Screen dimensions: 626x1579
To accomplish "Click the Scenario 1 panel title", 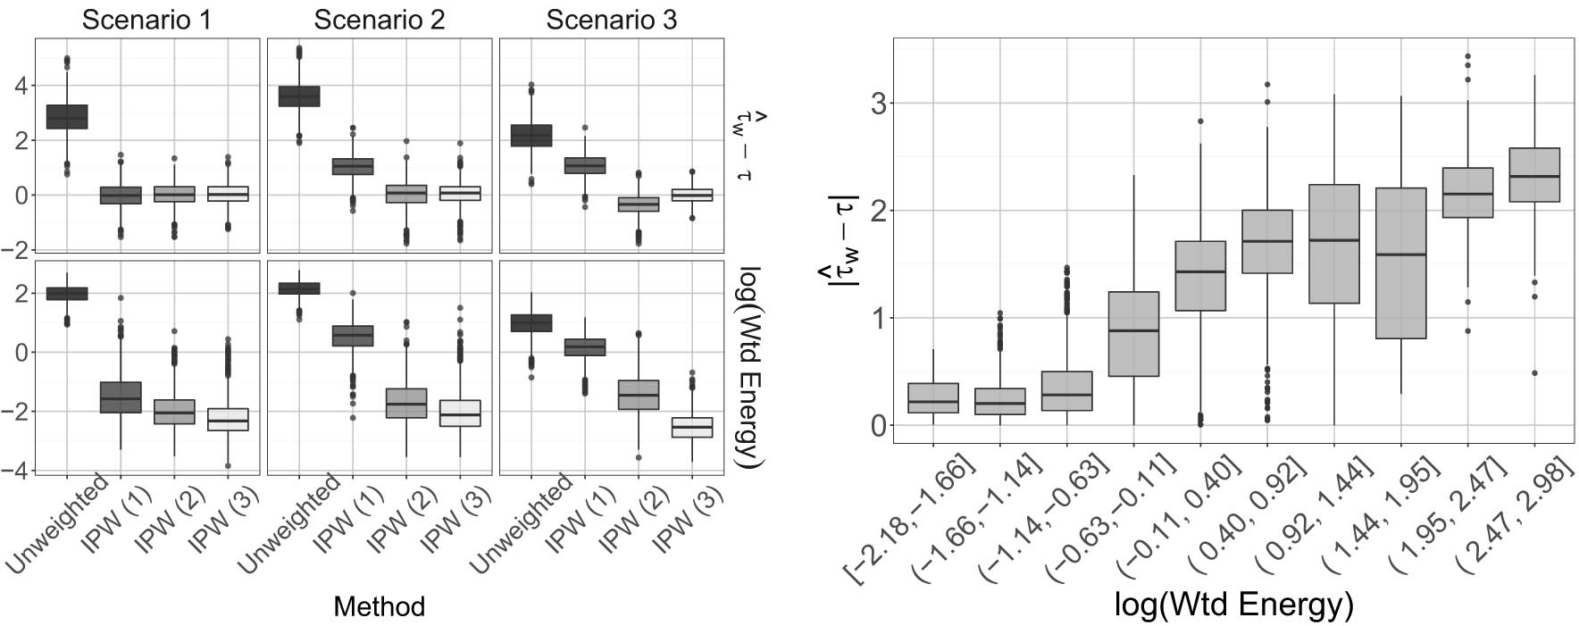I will (146, 20).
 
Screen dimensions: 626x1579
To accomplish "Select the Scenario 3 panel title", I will (611, 20).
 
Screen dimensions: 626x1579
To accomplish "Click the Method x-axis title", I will (379, 607).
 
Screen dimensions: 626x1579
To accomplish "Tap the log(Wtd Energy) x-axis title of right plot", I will (1234, 605).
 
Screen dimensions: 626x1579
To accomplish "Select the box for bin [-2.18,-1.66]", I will (932, 398).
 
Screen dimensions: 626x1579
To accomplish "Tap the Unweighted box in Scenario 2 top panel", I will (300, 96).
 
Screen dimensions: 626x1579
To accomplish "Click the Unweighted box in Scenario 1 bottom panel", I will (68, 293).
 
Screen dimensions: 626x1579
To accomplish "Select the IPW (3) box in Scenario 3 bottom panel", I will (693, 427).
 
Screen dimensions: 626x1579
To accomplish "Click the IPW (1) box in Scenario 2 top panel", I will (353, 167).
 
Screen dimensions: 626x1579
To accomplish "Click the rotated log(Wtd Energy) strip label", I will (748, 366).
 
